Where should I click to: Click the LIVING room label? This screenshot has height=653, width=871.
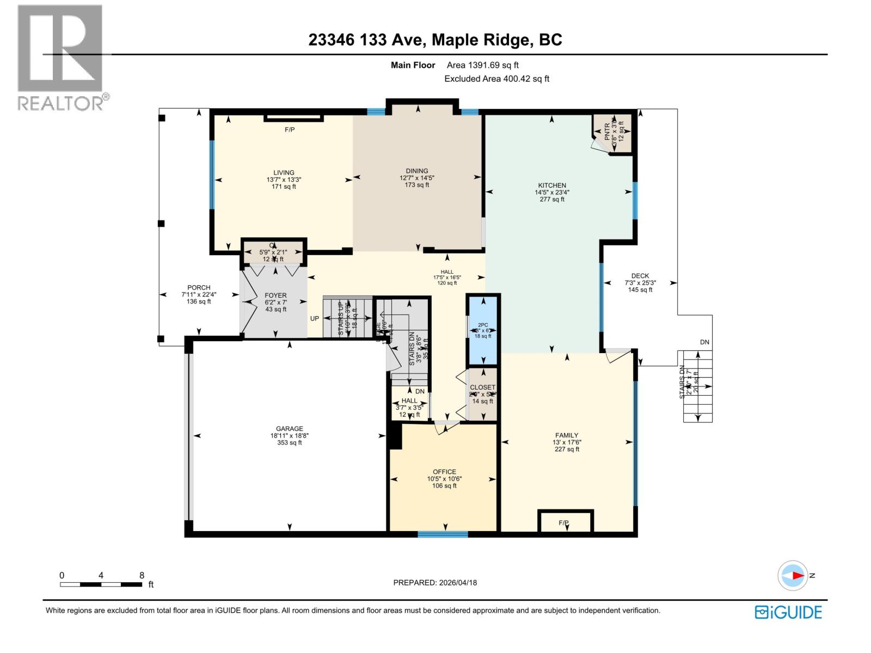click(284, 173)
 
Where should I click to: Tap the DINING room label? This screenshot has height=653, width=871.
click(417, 171)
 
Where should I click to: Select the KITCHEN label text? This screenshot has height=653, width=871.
click(552, 186)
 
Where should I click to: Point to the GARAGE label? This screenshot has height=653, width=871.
click(289, 429)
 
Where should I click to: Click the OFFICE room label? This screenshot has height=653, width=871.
click(444, 472)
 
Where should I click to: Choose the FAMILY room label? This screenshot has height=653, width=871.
click(566, 435)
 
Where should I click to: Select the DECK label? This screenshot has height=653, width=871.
click(640, 276)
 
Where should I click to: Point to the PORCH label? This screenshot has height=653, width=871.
click(199, 288)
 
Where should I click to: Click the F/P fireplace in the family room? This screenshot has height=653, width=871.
click(564, 522)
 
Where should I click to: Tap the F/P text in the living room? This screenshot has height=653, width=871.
click(290, 130)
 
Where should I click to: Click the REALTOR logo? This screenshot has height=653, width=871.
click(61, 57)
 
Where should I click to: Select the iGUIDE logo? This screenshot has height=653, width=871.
click(788, 612)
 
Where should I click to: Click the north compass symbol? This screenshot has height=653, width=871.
click(793, 576)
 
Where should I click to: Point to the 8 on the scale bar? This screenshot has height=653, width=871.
click(142, 575)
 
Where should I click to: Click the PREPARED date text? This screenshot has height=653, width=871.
click(435, 582)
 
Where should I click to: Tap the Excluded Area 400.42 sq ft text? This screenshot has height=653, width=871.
click(496, 79)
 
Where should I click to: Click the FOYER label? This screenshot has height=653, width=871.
click(275, 295)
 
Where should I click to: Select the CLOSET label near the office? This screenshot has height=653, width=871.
click(482, 387)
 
